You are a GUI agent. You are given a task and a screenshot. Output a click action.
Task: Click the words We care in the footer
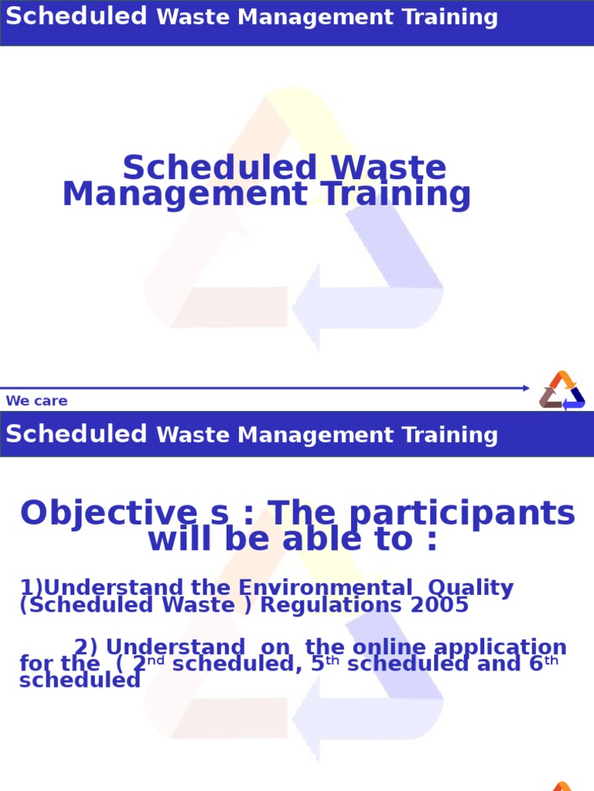[36, 401]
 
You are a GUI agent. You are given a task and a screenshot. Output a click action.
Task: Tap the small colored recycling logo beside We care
[562, 390]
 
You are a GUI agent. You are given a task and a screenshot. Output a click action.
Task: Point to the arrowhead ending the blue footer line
[526, 388]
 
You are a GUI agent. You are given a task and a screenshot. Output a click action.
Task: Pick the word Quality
[470, 588]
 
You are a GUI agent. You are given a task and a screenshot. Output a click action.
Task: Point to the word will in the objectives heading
[176, 539]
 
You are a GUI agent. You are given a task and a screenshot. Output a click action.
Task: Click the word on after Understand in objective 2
[280, 647]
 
